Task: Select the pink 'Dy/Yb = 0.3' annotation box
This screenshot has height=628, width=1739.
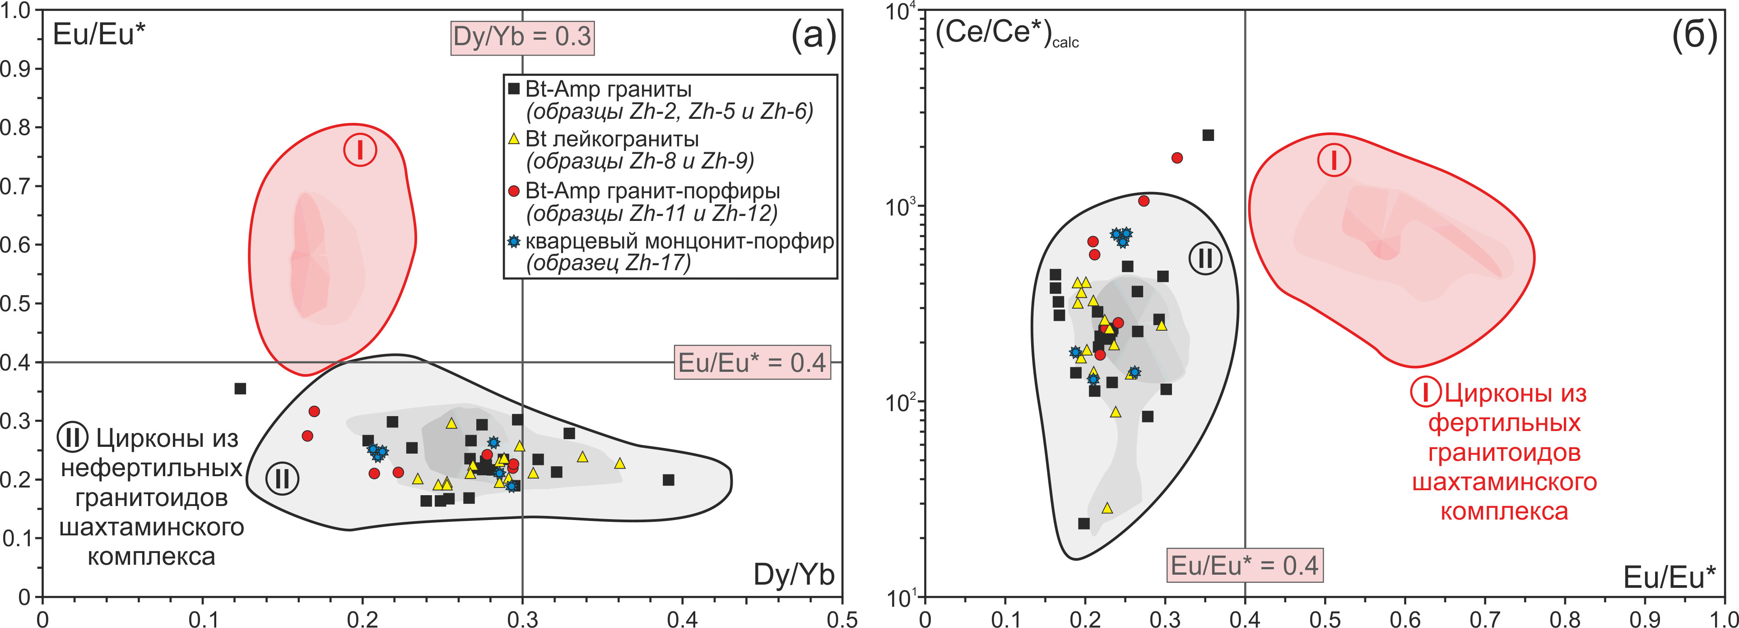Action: pyautogui.click(x=522, y=37)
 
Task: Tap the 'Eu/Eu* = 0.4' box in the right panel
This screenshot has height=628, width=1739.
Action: pyautogui.click(x=1244, y=565)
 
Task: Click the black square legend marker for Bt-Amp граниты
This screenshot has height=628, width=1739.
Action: pyautogui.click(x=514, y=89)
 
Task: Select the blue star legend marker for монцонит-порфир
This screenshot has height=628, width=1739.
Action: pyautogui.click(x=514, y=241)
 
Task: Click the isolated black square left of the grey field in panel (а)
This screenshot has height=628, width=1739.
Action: pyautogui.click(x=240, y=388)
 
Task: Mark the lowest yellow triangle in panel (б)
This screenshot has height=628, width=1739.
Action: pyautogui.click(x=1107, y=508)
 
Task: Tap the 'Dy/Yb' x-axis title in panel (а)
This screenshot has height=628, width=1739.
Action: pyautogui.click(x=794, y=575)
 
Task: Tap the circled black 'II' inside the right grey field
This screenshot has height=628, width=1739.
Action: pyautogui.click(x=1205, y=258)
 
